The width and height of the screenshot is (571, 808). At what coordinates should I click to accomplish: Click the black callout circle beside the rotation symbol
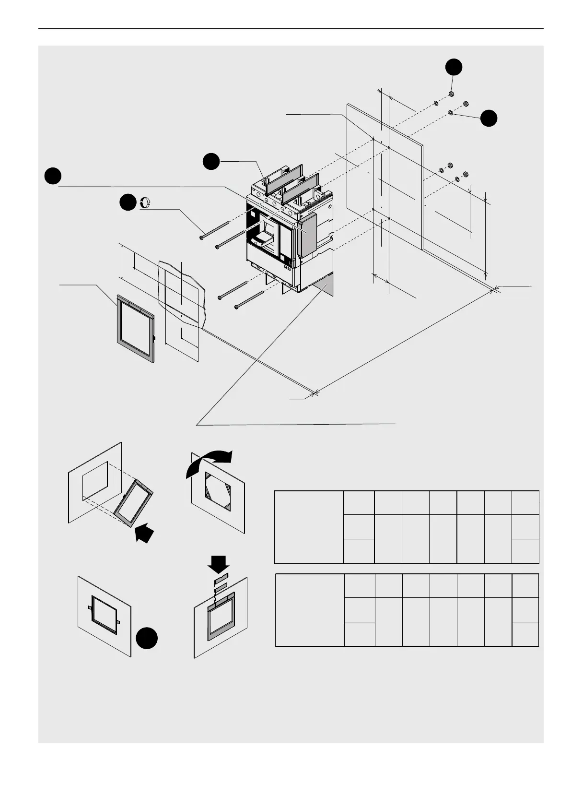pyautogui.click(x=128, y=202)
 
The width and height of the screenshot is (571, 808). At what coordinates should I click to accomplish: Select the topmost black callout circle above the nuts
pyautogui.click(x=454, y=67)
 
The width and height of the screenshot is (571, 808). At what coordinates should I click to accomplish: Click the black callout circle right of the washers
pyautogui.click(x=489, y=118)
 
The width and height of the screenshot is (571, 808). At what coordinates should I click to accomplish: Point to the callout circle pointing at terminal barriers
pyautogui.click(x=211, y=161)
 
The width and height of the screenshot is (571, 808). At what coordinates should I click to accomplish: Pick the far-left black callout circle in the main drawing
pyautogui.click(x=53, y=176)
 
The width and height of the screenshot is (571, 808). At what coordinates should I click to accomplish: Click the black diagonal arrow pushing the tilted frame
pyautogui.click(x=145, y=533)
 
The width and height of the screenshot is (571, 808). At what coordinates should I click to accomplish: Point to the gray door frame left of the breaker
pyautogui.click(x=135, y=331)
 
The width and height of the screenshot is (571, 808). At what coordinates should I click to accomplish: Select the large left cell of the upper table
pyautogui.click(x=309, y=527)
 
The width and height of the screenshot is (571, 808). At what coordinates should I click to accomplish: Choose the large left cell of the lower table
pyautogui.click(x=310, y=610)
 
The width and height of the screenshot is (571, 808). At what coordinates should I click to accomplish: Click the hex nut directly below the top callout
pyautogui.click(x=451, y=94)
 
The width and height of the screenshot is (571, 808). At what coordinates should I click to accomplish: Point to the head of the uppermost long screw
pyautogui.click(x=202, y=237)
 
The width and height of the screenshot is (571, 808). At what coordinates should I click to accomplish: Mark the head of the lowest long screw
pyautogui.click(x=236, y=307)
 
